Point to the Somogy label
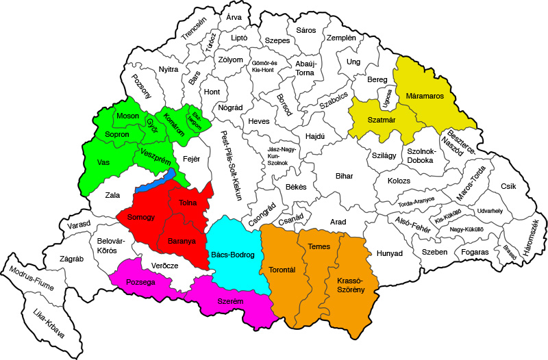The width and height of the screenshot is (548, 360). [140, 217]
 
